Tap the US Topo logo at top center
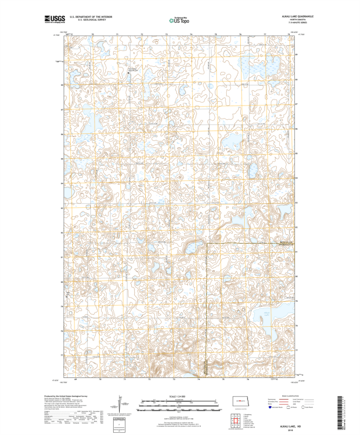point(179,20)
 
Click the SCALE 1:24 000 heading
point(179,396)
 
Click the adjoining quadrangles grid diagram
point(237,420)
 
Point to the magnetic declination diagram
point(116,406)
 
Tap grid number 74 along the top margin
point(191,34)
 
